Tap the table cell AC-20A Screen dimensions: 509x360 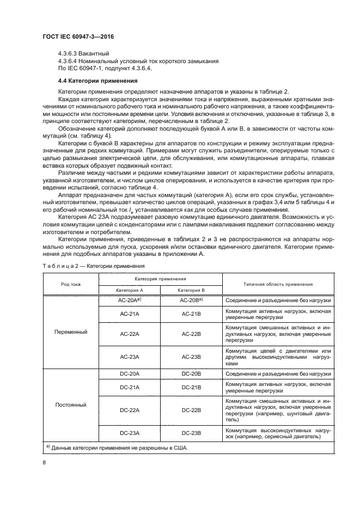click(129, 300)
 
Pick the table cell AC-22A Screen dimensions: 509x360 click(130, 334)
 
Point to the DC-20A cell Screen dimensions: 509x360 click(130, 374)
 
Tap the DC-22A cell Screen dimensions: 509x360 click(130, 410)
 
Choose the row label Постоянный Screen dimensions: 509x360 click(70, 404)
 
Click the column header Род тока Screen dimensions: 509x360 click(70, 284)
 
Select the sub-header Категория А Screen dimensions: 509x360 click(130, 290)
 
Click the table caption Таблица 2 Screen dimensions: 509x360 click(94, 266)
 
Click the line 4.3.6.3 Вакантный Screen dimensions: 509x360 click(83, 53)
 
